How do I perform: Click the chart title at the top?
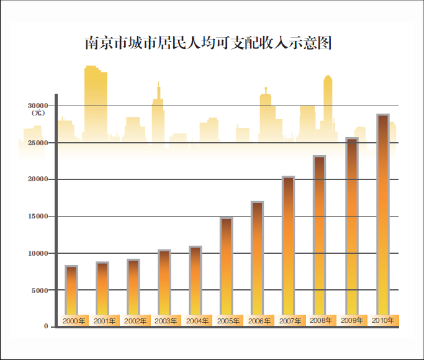coord(209,43)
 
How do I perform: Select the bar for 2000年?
coord(71,290)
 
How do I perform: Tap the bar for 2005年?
coord(227,267)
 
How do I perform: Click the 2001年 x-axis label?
coord(104,321)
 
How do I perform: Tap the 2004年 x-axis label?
coord(197,321)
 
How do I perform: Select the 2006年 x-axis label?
coord(259,321)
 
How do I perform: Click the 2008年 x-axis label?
coord(321,321)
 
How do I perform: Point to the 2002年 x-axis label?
coord(135,321)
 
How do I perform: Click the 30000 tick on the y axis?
coord(38,106)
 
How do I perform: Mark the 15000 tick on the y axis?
coord(38,217)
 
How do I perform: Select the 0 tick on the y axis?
coord(46,326)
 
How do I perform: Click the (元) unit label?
coord(38,114)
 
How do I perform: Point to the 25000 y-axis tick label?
coord(38,143)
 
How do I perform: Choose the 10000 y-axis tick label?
coord(38,253)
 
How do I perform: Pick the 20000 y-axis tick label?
coord(38,179)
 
